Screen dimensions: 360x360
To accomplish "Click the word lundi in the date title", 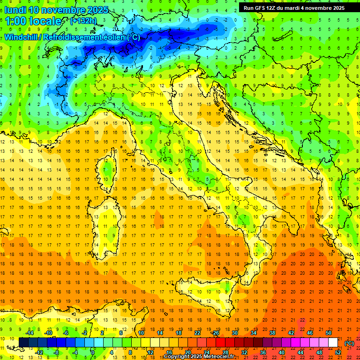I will coord(15,10).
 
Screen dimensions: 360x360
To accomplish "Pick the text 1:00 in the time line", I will coord(16,21).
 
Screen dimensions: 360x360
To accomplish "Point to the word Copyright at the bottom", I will coord(178,357).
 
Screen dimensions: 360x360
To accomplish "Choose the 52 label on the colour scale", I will coord(338,352).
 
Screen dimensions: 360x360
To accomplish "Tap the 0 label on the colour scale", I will coord(93,352).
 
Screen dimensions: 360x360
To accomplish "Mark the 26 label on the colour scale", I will coord(216,332).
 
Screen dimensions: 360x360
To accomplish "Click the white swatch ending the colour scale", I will coord(333,342).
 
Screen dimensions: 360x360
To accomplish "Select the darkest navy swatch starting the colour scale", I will coord(23,342).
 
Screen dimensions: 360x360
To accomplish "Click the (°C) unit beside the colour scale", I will coord(349,343).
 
